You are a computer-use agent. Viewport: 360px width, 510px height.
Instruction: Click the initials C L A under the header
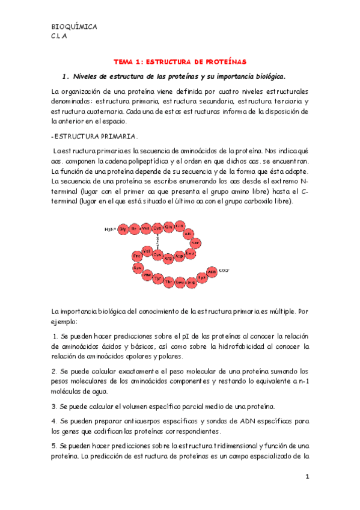point(59,35)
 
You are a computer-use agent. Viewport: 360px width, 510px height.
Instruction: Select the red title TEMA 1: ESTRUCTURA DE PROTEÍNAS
point(180,61)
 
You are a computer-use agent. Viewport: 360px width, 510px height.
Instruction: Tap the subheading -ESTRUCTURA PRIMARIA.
point(95,136)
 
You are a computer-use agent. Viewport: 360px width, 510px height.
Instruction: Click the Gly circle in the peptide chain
point(122,229)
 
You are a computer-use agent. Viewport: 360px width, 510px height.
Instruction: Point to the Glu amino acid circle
point(169,227)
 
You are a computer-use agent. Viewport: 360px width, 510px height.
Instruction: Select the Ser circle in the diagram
point(195,243)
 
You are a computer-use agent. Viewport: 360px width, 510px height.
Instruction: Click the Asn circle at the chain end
point(211,272)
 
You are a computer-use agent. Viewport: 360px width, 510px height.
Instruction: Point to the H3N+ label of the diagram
point(109,229)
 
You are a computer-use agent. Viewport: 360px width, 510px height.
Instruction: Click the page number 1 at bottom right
point(306,477)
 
